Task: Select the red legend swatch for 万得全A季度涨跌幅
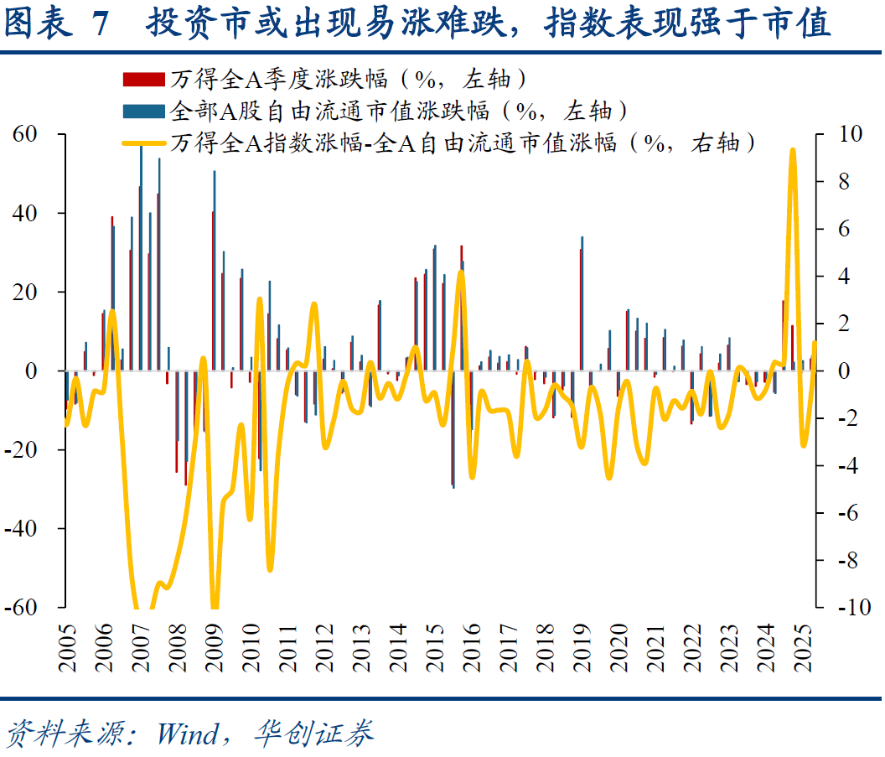(143, 80)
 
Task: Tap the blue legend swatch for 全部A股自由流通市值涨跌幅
(143, 111)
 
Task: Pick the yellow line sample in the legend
(143, 143)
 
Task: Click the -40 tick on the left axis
(24, 529)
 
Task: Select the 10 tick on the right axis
(839, 135)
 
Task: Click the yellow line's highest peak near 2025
(793, 151)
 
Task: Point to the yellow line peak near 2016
(460, 272)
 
